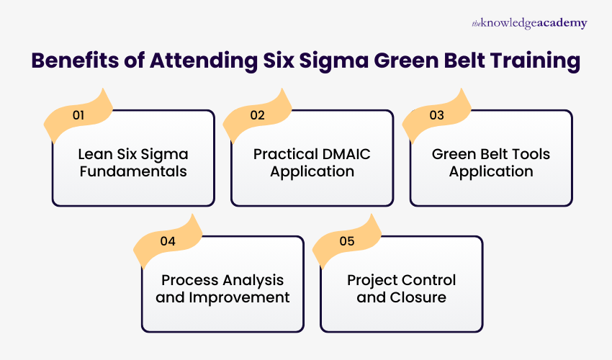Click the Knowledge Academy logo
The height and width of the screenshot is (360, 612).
pyautogui.click(x=529, y=23)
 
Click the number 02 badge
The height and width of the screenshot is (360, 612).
pyautogui.click(x=257, y=114)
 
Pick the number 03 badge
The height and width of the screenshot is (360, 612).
pyautogui.click(x=436, y=114)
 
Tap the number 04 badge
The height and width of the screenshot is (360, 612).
pyautogui.click(x=168, y=241)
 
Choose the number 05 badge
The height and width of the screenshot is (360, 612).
pyautogui.click(x=347, y=241)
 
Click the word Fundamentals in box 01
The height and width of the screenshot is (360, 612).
pyautogui.click(x=133, y=172)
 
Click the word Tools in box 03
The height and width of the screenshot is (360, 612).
pyautogui.click(x=531, y=154)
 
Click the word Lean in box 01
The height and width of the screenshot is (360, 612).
pyautogui.click(x=94, y=154)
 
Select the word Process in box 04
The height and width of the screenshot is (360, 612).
pyautogui.click(x=189, y=280)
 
